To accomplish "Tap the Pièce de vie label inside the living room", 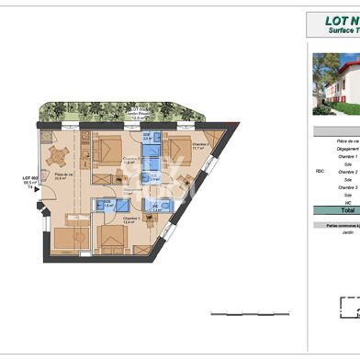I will (63, 176).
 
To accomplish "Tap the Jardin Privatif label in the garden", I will (141, 115).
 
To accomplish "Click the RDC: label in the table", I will (319, 171).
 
